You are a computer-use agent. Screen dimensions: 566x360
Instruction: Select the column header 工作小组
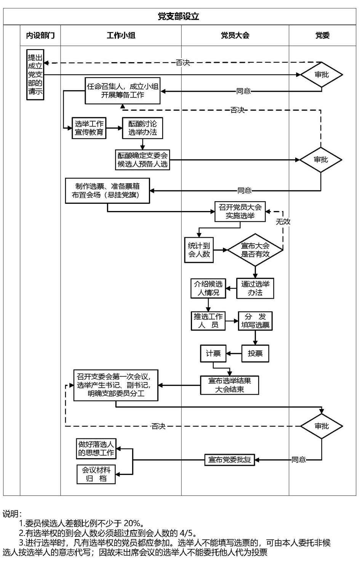121,35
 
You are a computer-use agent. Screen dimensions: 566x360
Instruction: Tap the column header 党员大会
235,35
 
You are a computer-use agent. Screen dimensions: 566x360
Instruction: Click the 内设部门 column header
40,35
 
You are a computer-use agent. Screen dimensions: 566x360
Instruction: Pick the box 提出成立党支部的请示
35,75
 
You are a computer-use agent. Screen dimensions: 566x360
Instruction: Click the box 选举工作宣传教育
89,128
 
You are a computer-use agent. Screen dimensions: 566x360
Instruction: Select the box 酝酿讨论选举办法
142,128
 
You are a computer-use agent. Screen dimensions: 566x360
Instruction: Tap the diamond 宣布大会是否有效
255,250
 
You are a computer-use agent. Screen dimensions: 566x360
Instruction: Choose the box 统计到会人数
199,250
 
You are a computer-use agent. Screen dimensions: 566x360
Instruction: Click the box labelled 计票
213,353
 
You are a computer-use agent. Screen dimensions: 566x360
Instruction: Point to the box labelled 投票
255,353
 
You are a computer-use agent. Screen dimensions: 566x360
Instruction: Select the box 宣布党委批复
230,460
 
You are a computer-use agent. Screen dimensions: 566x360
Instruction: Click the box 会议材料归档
96,474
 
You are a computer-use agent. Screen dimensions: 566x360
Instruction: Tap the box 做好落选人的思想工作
96,449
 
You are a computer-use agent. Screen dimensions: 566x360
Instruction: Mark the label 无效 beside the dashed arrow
283,222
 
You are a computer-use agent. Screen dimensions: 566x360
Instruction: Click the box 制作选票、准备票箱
107,190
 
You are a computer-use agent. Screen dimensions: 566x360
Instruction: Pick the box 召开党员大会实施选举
240,211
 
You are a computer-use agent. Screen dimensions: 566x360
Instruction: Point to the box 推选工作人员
208,321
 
